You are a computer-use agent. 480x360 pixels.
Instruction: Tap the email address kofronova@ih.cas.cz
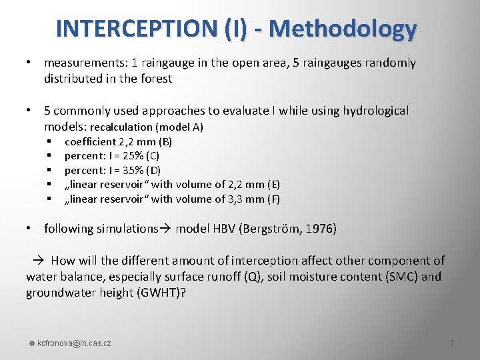tap(74, 343)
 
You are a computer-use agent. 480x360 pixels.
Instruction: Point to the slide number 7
tap(452, 343)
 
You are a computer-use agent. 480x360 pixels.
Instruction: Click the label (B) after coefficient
tap(163, 141)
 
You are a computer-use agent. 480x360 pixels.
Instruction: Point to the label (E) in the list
tap(272, 185)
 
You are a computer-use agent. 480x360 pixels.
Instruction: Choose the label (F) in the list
tap(272, 199)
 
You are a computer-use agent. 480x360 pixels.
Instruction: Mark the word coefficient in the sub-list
tap(89, 141)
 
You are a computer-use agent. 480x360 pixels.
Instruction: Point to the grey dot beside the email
tap(31, 343)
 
